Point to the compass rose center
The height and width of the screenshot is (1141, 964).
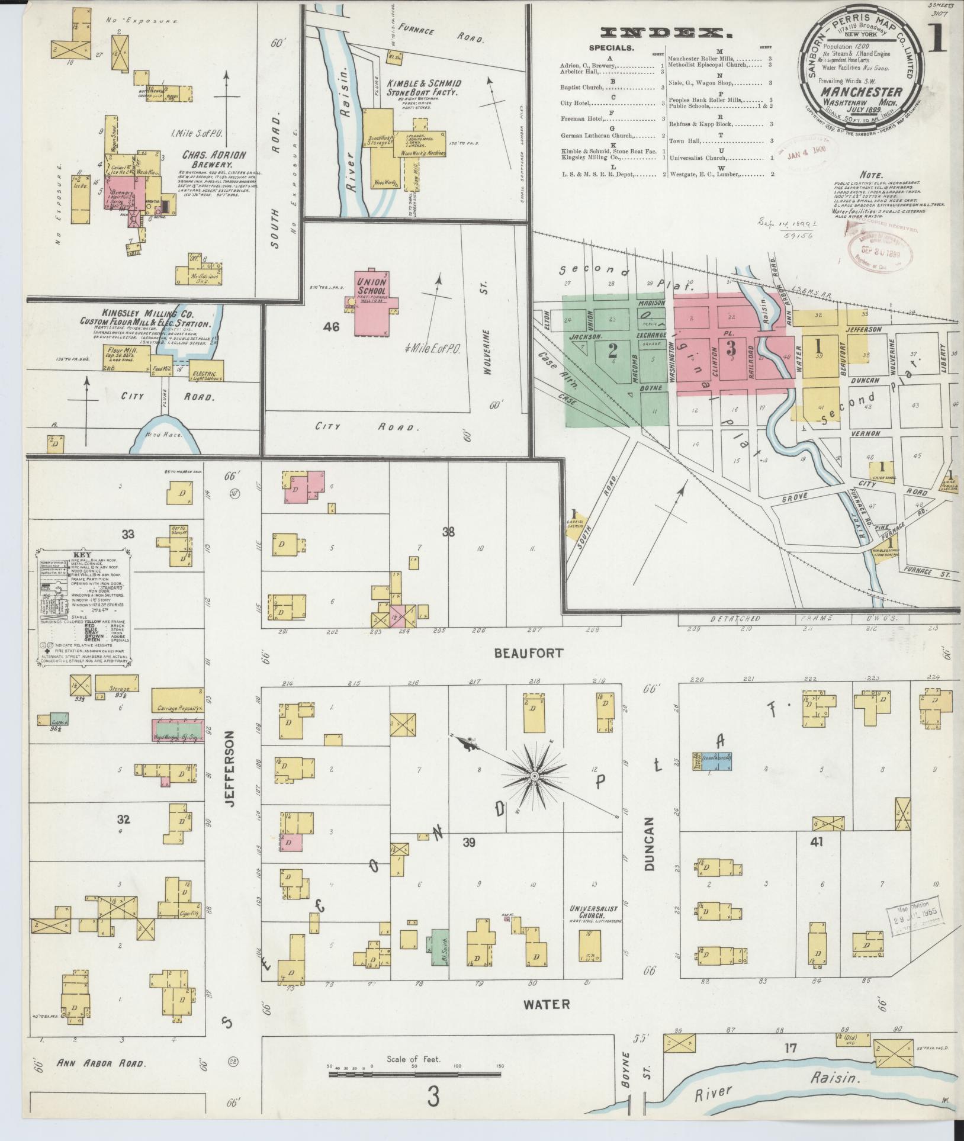pos(534,776)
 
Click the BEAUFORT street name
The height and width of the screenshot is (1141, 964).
pos(528,653)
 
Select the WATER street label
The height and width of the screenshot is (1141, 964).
pos(538,1004)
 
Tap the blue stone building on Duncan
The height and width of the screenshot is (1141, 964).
pos(715,761)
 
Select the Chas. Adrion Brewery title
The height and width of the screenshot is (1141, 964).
pos(205,159)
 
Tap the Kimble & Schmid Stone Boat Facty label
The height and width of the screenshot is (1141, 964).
pos(423,88)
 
